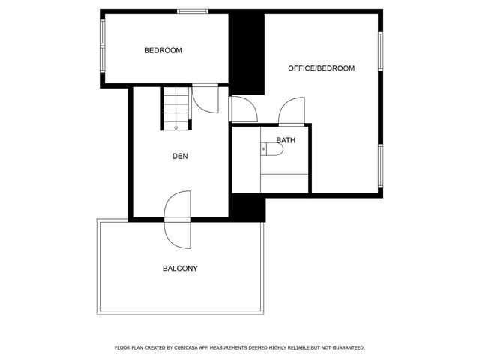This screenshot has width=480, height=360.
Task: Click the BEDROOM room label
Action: click(x=163, y=51)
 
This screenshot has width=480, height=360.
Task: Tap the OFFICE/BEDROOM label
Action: click(x=321, y=68)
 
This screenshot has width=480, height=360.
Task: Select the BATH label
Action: click(x=286, y=140)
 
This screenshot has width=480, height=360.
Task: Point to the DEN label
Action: click(x=180, y=157)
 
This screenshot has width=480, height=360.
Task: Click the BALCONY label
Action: click(x=180, y=268)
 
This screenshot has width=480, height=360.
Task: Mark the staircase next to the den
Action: click(x=175, y=107)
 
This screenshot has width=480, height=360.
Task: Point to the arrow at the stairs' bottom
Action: click(x=175, y=127)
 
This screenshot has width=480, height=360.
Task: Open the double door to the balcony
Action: click(x=178, y=219)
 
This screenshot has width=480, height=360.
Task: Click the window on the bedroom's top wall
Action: click(x=193, y=10)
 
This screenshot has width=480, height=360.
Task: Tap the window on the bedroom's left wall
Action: click(x=102, y=46)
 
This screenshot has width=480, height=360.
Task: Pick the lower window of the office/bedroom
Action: click(x=381, y=167)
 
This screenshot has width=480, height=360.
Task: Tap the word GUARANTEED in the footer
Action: click(x=345, y=348)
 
